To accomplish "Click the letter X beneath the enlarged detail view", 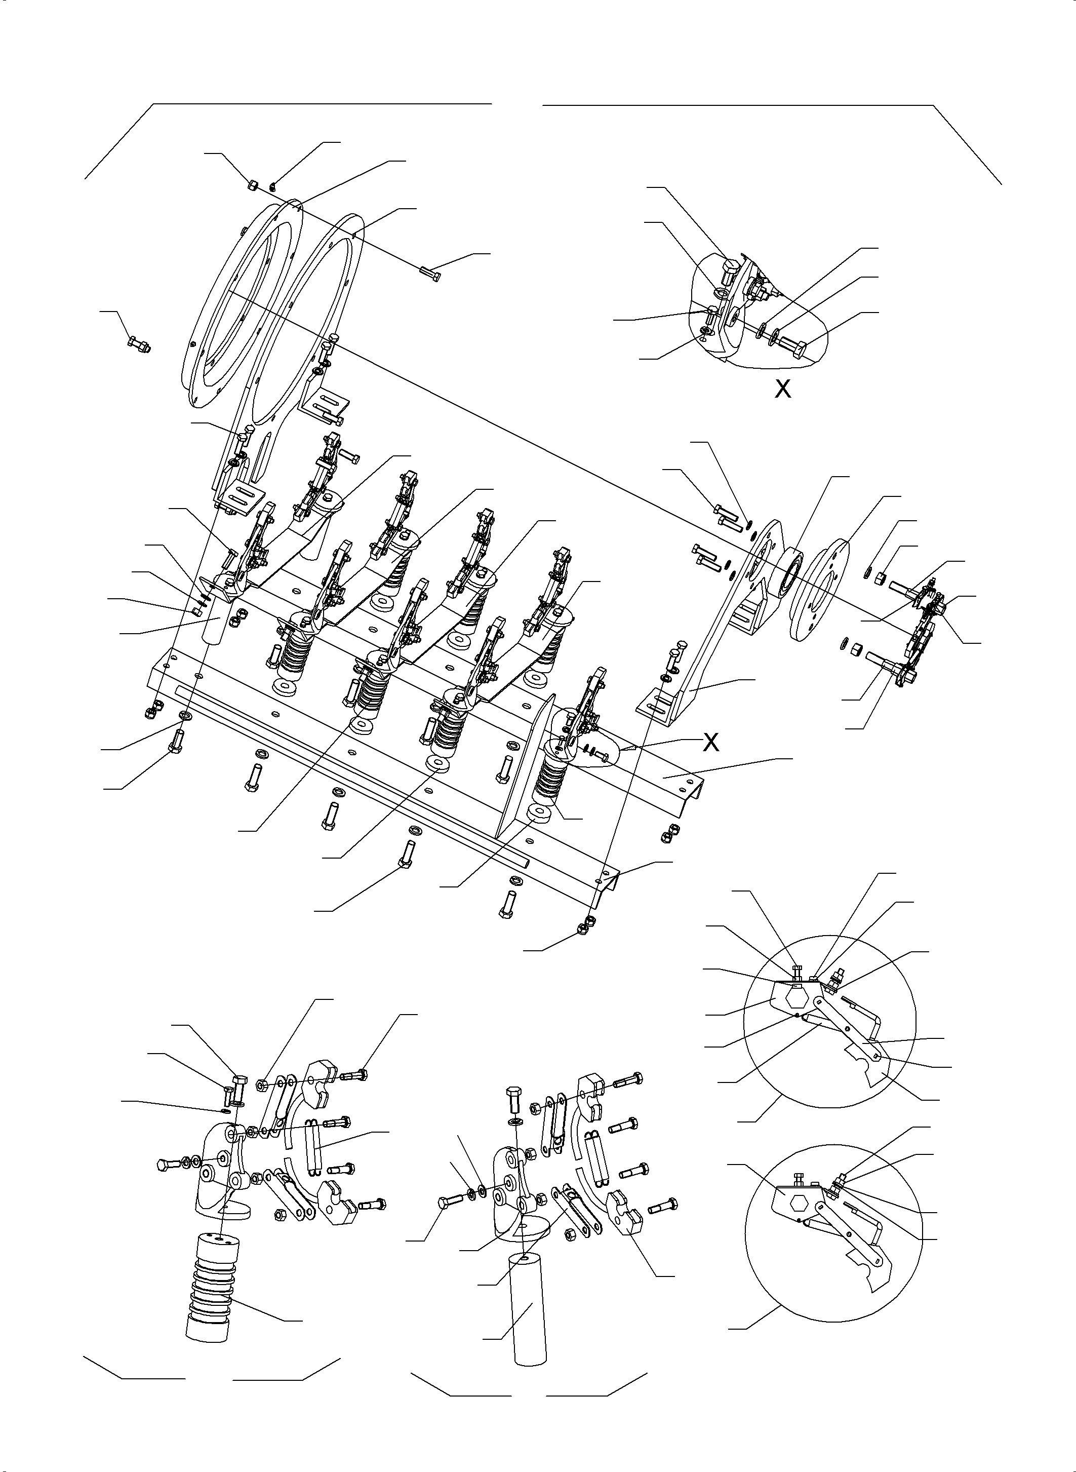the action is click(782, 389).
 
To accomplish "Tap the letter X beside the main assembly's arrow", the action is click(711, 741).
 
